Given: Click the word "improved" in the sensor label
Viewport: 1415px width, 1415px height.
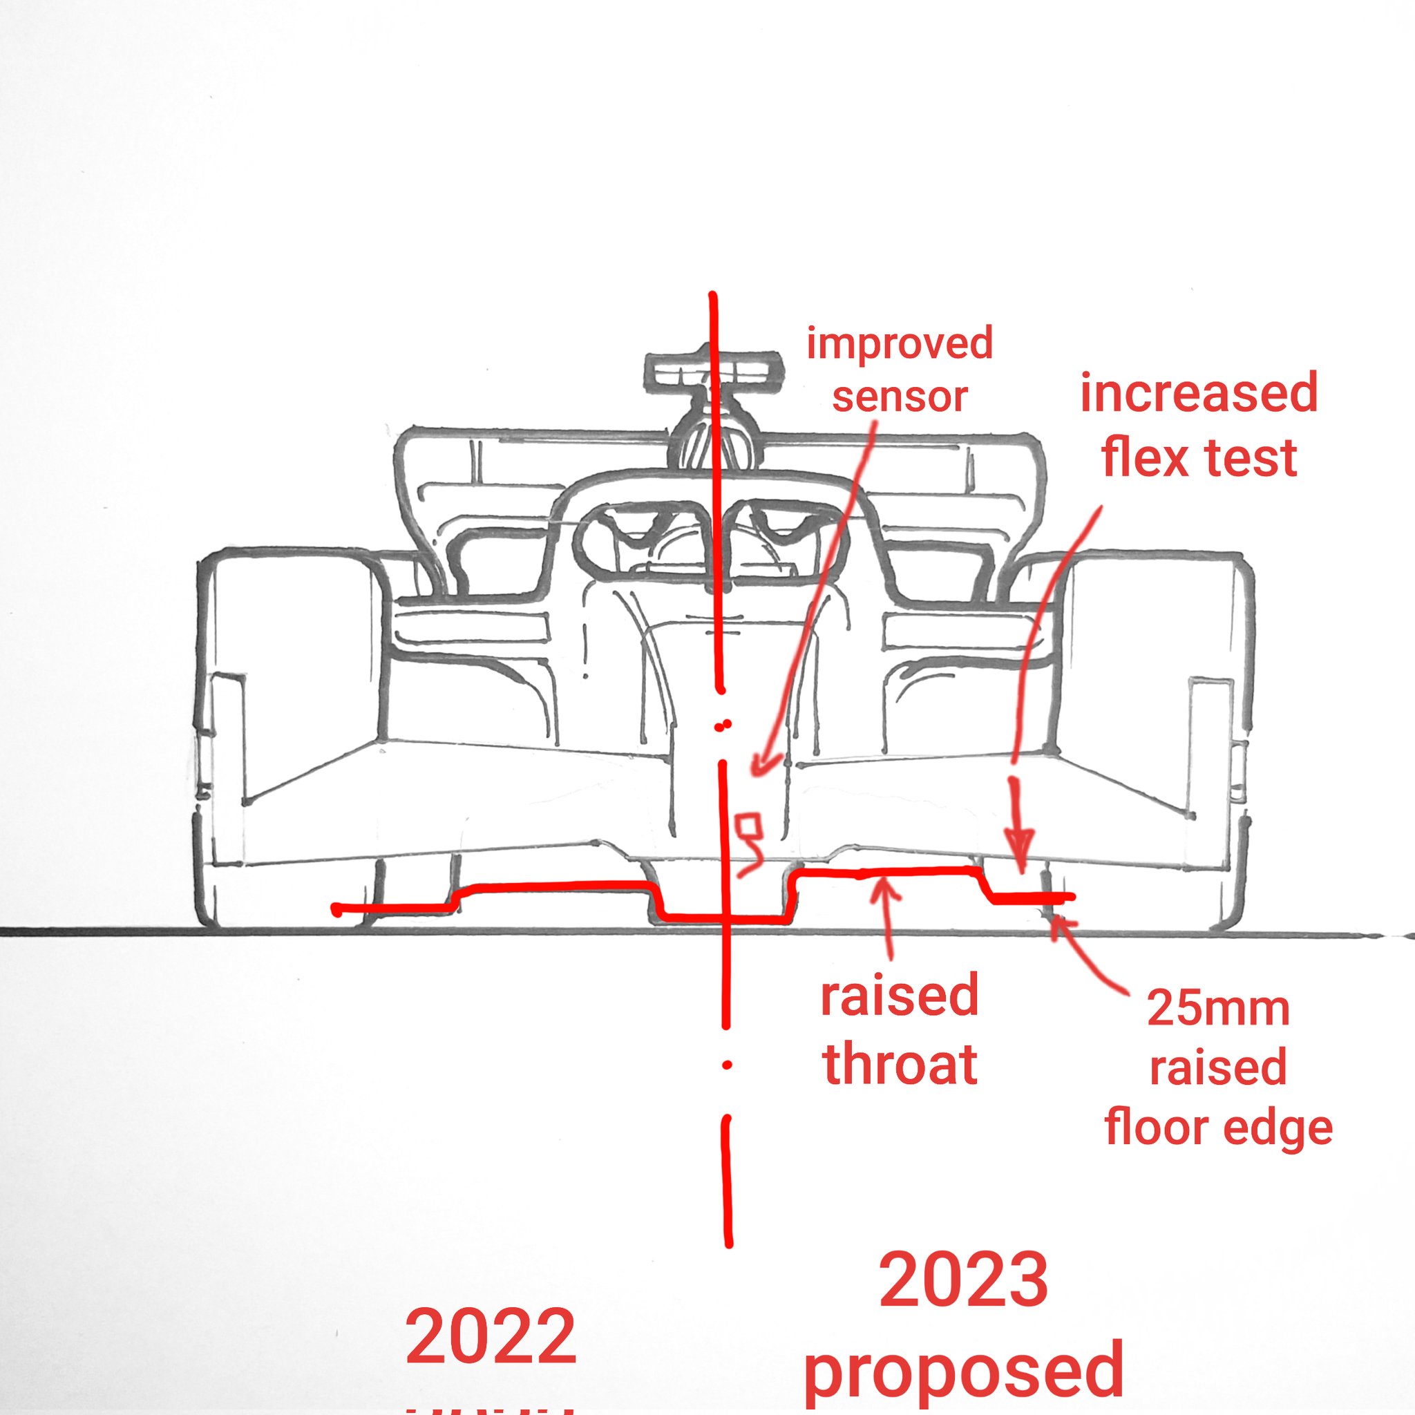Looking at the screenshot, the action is click(900, 343).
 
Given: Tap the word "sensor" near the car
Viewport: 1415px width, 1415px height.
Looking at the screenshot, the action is click(900, 397).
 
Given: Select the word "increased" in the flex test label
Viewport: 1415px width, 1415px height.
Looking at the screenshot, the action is click(1199, 393).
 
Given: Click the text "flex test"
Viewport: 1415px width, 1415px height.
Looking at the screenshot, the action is click(1199, 458).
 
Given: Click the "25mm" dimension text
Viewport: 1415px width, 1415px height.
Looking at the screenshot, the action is click(1218, 1009).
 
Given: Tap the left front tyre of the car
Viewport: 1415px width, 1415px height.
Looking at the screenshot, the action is click(293, 740).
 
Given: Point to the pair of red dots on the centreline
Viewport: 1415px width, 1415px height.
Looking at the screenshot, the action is click(723, 726).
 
